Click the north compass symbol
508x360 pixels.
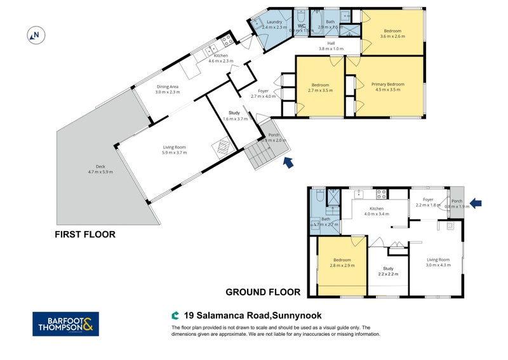click(x=36, y=36)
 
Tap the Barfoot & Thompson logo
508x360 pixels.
click(x=65, y=323)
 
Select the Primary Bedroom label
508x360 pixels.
click(x=387, y=87)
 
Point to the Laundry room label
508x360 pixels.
click(x=274, y=25)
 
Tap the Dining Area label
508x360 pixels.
click(x=168, y=90)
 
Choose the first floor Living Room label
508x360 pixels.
click(x=174, y=150)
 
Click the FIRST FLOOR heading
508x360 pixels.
click(x=85, y=234)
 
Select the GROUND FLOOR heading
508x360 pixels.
click(x=263, y=293)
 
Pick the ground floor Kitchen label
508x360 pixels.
click(x=377, y=211)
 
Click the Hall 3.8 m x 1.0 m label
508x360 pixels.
click(x=330, y=46)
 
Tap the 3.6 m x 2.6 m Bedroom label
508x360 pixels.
click(x=392, y=34)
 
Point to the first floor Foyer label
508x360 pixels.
click(x=264, y=93)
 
